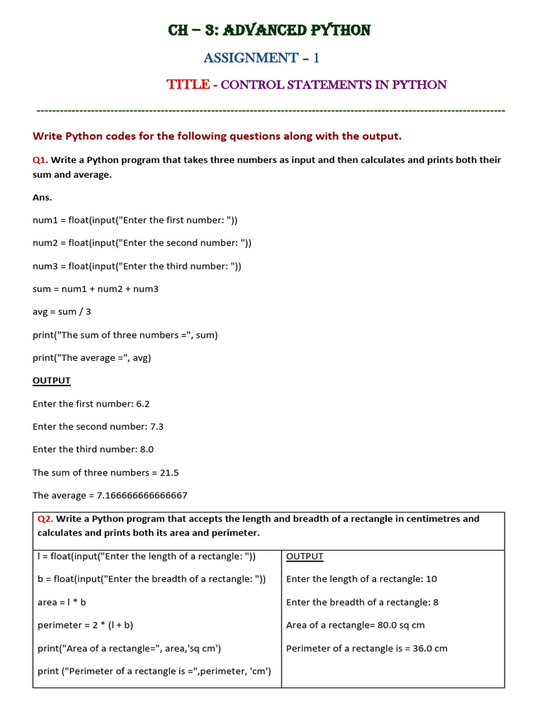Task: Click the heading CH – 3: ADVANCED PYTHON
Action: point(269,30)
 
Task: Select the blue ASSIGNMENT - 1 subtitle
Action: point(261,58)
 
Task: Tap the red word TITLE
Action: point(187,85)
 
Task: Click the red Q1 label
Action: point(39,160)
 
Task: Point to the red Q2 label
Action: point(45,519)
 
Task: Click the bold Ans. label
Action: point(42,197)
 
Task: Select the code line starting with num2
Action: point(142,243)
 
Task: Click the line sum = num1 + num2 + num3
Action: point(95,289)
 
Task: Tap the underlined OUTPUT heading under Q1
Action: point(52,381)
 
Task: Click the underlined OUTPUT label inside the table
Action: point(305,557)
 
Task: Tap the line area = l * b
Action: point(62,602)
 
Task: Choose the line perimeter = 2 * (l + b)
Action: point(85,625)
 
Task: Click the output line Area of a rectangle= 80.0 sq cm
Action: point(355,625)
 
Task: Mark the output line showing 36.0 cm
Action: point(366,648)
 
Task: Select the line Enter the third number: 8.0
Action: point(93,449)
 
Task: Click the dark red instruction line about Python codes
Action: point(217,136)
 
